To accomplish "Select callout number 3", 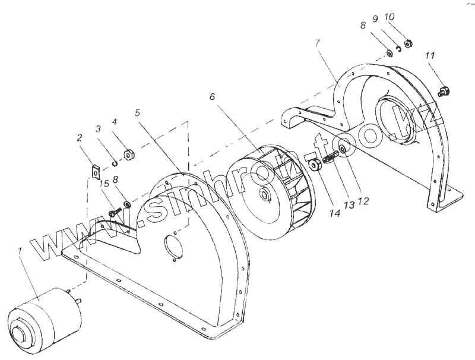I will pos(98,128).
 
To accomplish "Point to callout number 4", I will pos(115,122).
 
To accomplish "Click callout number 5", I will pos(137,112).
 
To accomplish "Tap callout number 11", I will pos(430,55).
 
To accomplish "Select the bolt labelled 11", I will pos(442,91).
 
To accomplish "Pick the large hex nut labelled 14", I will pos(315,164).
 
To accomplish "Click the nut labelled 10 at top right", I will pos(408,43).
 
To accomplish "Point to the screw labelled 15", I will pos(115,211).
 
